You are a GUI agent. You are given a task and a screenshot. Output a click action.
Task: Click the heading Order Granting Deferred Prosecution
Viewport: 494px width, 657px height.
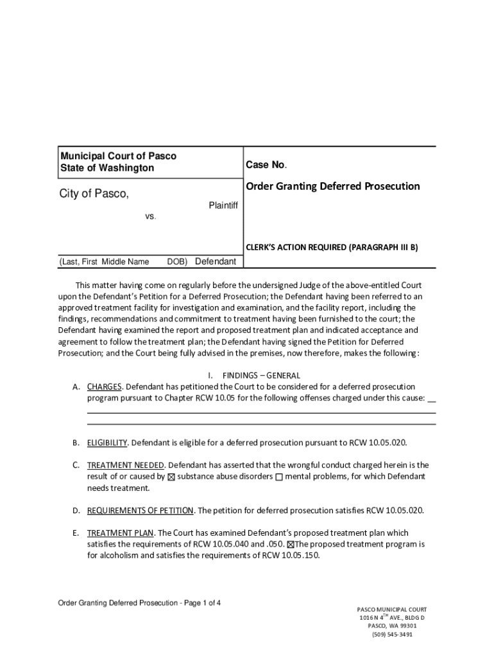tap(332, 186)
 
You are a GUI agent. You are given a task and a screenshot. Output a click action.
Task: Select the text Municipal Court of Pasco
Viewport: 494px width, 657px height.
tap(118, 156)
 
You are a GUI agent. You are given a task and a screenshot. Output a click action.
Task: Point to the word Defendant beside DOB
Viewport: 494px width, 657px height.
tap(215, 261)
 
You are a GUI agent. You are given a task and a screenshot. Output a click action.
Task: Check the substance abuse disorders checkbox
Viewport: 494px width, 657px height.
tap(171, 477)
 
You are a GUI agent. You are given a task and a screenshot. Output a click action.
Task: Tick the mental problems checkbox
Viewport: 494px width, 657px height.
tap(279, 477)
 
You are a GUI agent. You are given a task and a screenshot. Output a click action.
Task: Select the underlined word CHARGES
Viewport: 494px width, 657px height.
tap(105, 387)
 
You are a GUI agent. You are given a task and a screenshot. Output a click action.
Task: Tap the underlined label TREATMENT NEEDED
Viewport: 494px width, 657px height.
tap(126, 465)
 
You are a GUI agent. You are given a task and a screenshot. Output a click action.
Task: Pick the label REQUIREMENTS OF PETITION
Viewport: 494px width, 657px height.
tap(140, 510)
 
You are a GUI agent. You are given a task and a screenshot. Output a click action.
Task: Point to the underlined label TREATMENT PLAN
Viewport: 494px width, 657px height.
tap(120, 533)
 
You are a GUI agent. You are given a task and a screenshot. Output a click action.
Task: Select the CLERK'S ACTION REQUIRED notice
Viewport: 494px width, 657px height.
tap(332, 246)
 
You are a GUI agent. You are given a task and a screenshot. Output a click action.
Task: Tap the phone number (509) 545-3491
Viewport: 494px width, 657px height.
tap(392, 634)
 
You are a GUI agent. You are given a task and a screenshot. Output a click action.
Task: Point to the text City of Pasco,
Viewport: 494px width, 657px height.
tap(94, 194)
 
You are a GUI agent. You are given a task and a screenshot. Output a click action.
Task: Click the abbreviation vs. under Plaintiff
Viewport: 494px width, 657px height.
tap(150, 217)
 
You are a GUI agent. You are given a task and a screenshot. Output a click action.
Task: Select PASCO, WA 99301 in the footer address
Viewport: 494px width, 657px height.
tap(392, 626)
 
